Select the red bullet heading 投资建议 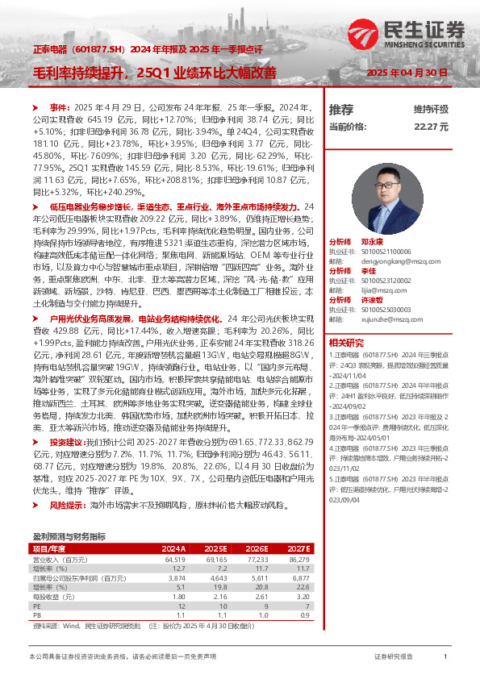pos(68,443)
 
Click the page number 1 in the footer pos(446,658)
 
